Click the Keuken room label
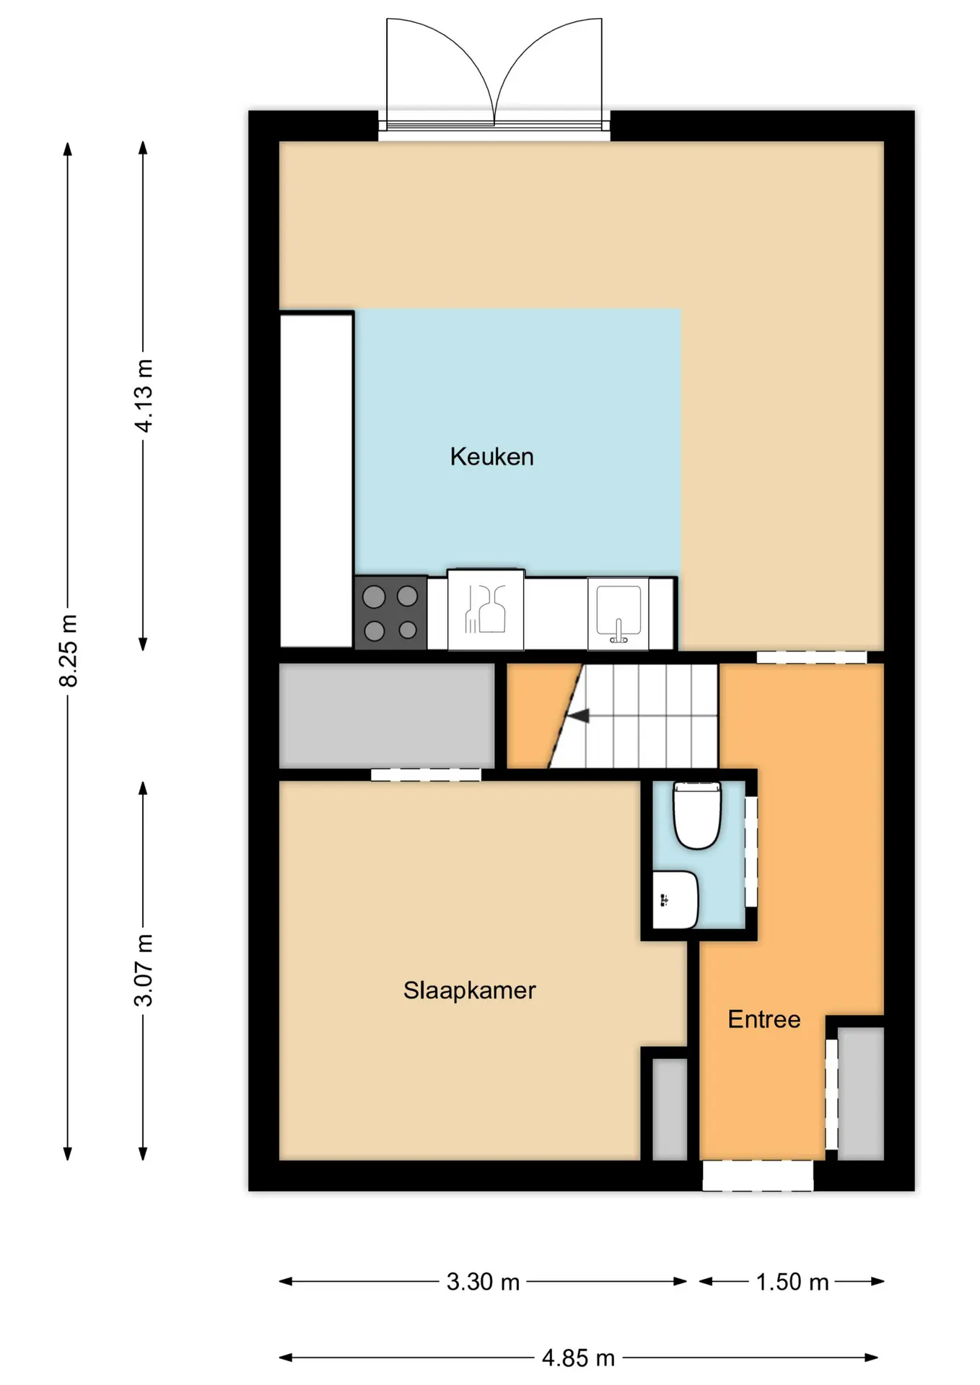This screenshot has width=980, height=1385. point(491,457)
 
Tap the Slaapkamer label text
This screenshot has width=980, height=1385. point(469,990)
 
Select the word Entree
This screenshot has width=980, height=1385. point(764,1019)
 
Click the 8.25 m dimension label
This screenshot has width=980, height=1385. point(69,651)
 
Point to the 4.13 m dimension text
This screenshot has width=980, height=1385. point(144,395)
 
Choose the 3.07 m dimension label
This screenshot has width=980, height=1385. point(144,970)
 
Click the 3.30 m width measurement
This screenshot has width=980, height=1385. point(483,1281)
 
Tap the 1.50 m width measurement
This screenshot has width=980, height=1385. point(792,1281)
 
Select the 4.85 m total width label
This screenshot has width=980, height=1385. point(578,1358)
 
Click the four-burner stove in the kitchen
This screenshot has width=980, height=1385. point(390,613)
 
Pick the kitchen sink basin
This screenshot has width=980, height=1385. point(618,613)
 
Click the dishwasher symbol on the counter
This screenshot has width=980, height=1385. point(486,610)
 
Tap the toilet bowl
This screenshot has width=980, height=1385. point(697,815)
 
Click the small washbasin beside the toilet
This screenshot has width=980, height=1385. point(675,900)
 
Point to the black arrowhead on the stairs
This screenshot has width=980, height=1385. point(579,716)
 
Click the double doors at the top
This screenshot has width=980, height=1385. point(494,74)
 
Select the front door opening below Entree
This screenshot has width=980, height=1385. point(758,1175)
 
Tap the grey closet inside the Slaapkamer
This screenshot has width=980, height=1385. point(670,1109)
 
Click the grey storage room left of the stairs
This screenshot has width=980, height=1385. point(387,716)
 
